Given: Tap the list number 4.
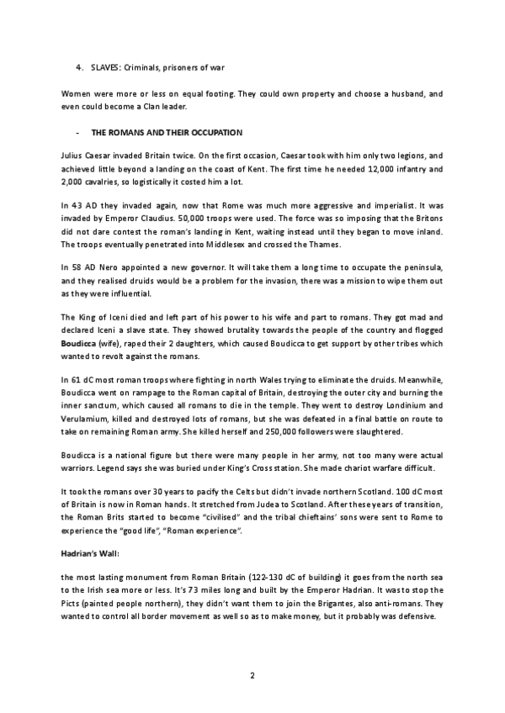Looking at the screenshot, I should point(77,66).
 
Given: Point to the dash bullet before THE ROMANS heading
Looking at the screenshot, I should point(77,133).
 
